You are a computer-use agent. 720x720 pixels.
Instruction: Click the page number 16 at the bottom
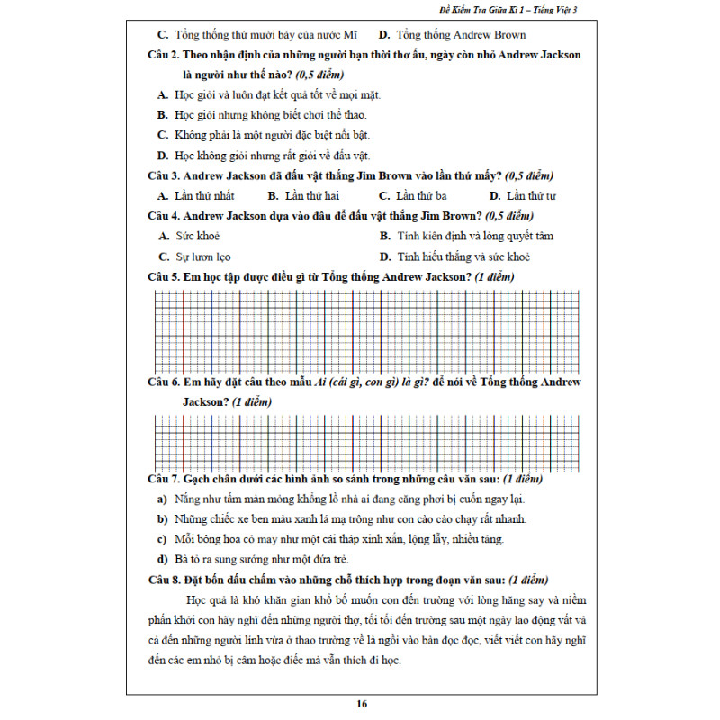[361, 704]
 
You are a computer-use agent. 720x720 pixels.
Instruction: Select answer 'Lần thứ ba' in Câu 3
[422, 195]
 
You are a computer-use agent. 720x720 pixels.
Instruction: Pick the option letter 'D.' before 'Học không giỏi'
[163, 156]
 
